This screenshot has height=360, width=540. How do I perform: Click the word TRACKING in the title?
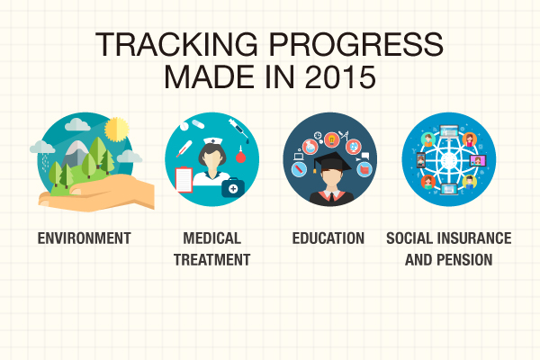(x=176, y=44)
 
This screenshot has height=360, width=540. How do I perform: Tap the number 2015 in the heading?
(x=340, y=76)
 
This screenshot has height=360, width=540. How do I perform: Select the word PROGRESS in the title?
(x=355, y=44)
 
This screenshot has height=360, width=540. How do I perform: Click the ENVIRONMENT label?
(x=84, y=238)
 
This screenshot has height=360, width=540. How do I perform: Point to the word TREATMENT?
(x=211, y=260)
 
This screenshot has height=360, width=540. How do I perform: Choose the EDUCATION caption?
(x=328, y=238)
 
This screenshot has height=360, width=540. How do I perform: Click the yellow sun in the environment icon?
(x=117, y=130)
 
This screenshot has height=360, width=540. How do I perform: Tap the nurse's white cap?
(x=212, y=141)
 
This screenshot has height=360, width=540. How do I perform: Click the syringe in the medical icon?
(x=238, y=130)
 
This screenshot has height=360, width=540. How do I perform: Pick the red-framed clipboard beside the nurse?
(x=184, y=179)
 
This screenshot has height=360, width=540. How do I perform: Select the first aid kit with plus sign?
(x=233, y=187)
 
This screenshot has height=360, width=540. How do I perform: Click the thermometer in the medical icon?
(x=184, y=148)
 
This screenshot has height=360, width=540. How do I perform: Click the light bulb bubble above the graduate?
(x=331, y=139)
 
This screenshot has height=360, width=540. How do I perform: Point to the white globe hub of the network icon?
(x=448, y=160)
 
